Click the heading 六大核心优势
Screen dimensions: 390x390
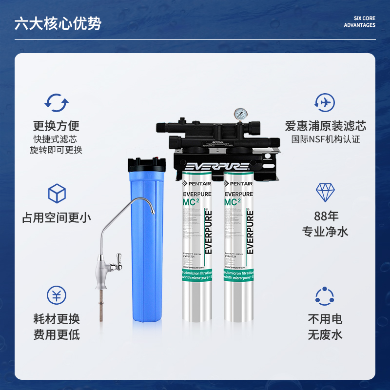(58, 24)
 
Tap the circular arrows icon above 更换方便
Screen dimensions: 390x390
(56, 103)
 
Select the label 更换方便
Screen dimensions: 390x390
(56, 126)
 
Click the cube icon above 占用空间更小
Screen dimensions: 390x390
(57, 194)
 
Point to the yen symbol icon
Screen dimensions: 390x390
(56, 295)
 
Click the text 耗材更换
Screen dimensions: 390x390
(56, 319)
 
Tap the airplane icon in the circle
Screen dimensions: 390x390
(324, 103)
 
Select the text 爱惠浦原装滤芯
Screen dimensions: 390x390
(325, 126)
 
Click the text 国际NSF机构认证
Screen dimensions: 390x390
(325, 139)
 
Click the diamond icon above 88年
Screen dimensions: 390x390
(325, 193)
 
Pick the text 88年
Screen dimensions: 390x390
(325, 216)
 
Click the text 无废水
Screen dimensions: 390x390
(325, 335)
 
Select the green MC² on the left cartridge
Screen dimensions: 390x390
(191, 202)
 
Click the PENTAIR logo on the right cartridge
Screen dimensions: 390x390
(239, 184)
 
